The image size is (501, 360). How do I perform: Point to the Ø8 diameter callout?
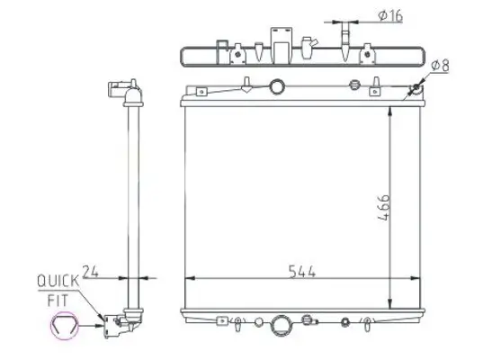(x=442, y=66)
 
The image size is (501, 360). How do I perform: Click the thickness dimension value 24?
(x=90, y=268)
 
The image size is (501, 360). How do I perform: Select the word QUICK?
(x=58, y=282)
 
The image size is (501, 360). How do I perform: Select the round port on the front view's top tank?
(x=278, y=88)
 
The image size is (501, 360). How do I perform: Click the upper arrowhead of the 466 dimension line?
(x=389, y=111)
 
